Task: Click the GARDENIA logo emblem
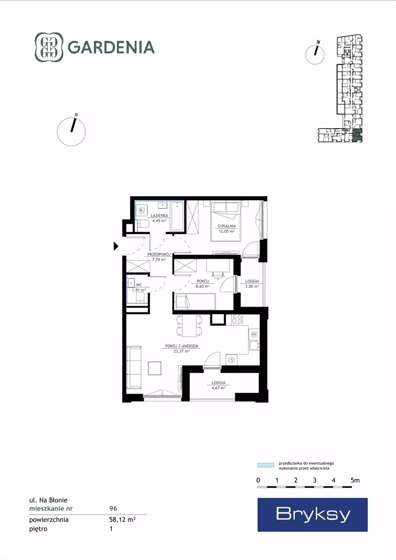pos(49,47)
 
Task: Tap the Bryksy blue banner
pos(312,514)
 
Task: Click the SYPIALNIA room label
pos(227,226)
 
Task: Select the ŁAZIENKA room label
pos(159,216)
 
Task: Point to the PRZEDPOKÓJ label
pos(159,255)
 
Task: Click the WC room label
pos(139,285)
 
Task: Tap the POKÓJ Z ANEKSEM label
pos(181,346)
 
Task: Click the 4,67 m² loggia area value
pos(218,387)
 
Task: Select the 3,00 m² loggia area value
pos(252,286)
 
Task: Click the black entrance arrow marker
pos(116,246)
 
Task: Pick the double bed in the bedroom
pos(225,221)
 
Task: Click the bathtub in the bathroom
pos(177,216)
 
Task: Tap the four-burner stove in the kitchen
pos(237,319)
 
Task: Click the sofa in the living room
pos(134,367)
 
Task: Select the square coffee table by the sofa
pos(155,368)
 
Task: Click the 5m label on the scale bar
pos(355,480)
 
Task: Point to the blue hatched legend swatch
pos(266,465)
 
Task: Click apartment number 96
pos(113,508)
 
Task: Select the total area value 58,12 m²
pos(122,519)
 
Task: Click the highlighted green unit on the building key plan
pos(357,135)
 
